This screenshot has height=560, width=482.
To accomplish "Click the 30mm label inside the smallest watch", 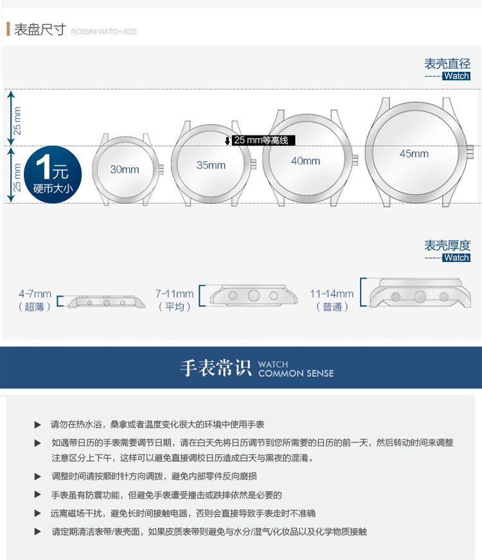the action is [124, 170].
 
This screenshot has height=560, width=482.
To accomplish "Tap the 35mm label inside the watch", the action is [211, 165].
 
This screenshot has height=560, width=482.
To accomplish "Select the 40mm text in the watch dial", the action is [305, 161].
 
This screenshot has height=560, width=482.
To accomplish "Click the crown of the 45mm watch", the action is [469, 152].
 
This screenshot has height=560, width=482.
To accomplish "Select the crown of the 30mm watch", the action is [159, 170].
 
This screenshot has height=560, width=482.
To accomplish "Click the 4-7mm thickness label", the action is [35, 294].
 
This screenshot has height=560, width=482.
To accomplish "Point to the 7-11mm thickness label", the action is [174, 294].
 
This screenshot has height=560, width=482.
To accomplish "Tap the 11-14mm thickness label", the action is [332, 294].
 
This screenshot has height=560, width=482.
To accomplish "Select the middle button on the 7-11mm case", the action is [254, 295].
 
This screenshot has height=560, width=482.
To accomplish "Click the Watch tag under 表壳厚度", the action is [456, 258].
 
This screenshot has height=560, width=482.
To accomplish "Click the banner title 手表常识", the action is [215, 369].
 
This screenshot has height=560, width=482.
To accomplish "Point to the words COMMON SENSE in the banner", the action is [296, 374].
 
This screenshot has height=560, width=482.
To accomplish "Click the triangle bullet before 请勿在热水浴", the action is [37, 425].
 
